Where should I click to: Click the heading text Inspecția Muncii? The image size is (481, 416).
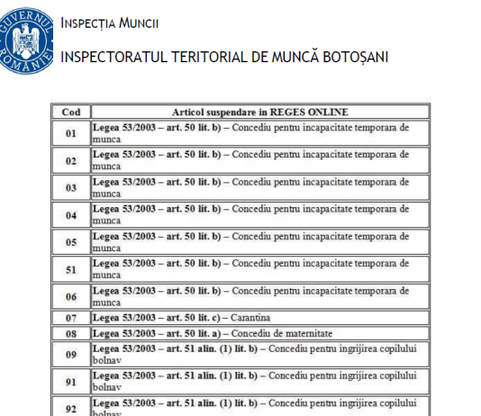pos(110,22)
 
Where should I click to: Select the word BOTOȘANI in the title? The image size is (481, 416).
pos(351,57)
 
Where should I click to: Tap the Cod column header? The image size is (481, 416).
pos(71,112)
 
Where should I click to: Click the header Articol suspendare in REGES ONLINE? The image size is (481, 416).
pos(259,112)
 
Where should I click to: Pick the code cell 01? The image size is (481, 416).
pos(71,133)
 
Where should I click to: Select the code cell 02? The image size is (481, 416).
pos(71,160)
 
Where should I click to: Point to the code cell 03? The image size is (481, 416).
pos(71,187)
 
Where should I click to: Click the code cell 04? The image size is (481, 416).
pos(71,214)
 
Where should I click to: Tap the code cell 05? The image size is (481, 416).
pos(71,241)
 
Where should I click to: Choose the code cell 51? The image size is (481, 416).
pos(71,268)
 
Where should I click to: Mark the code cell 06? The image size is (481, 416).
pos(71,295)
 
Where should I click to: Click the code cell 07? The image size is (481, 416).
pos(71,318)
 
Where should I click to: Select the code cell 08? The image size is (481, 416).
pos(71,332)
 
